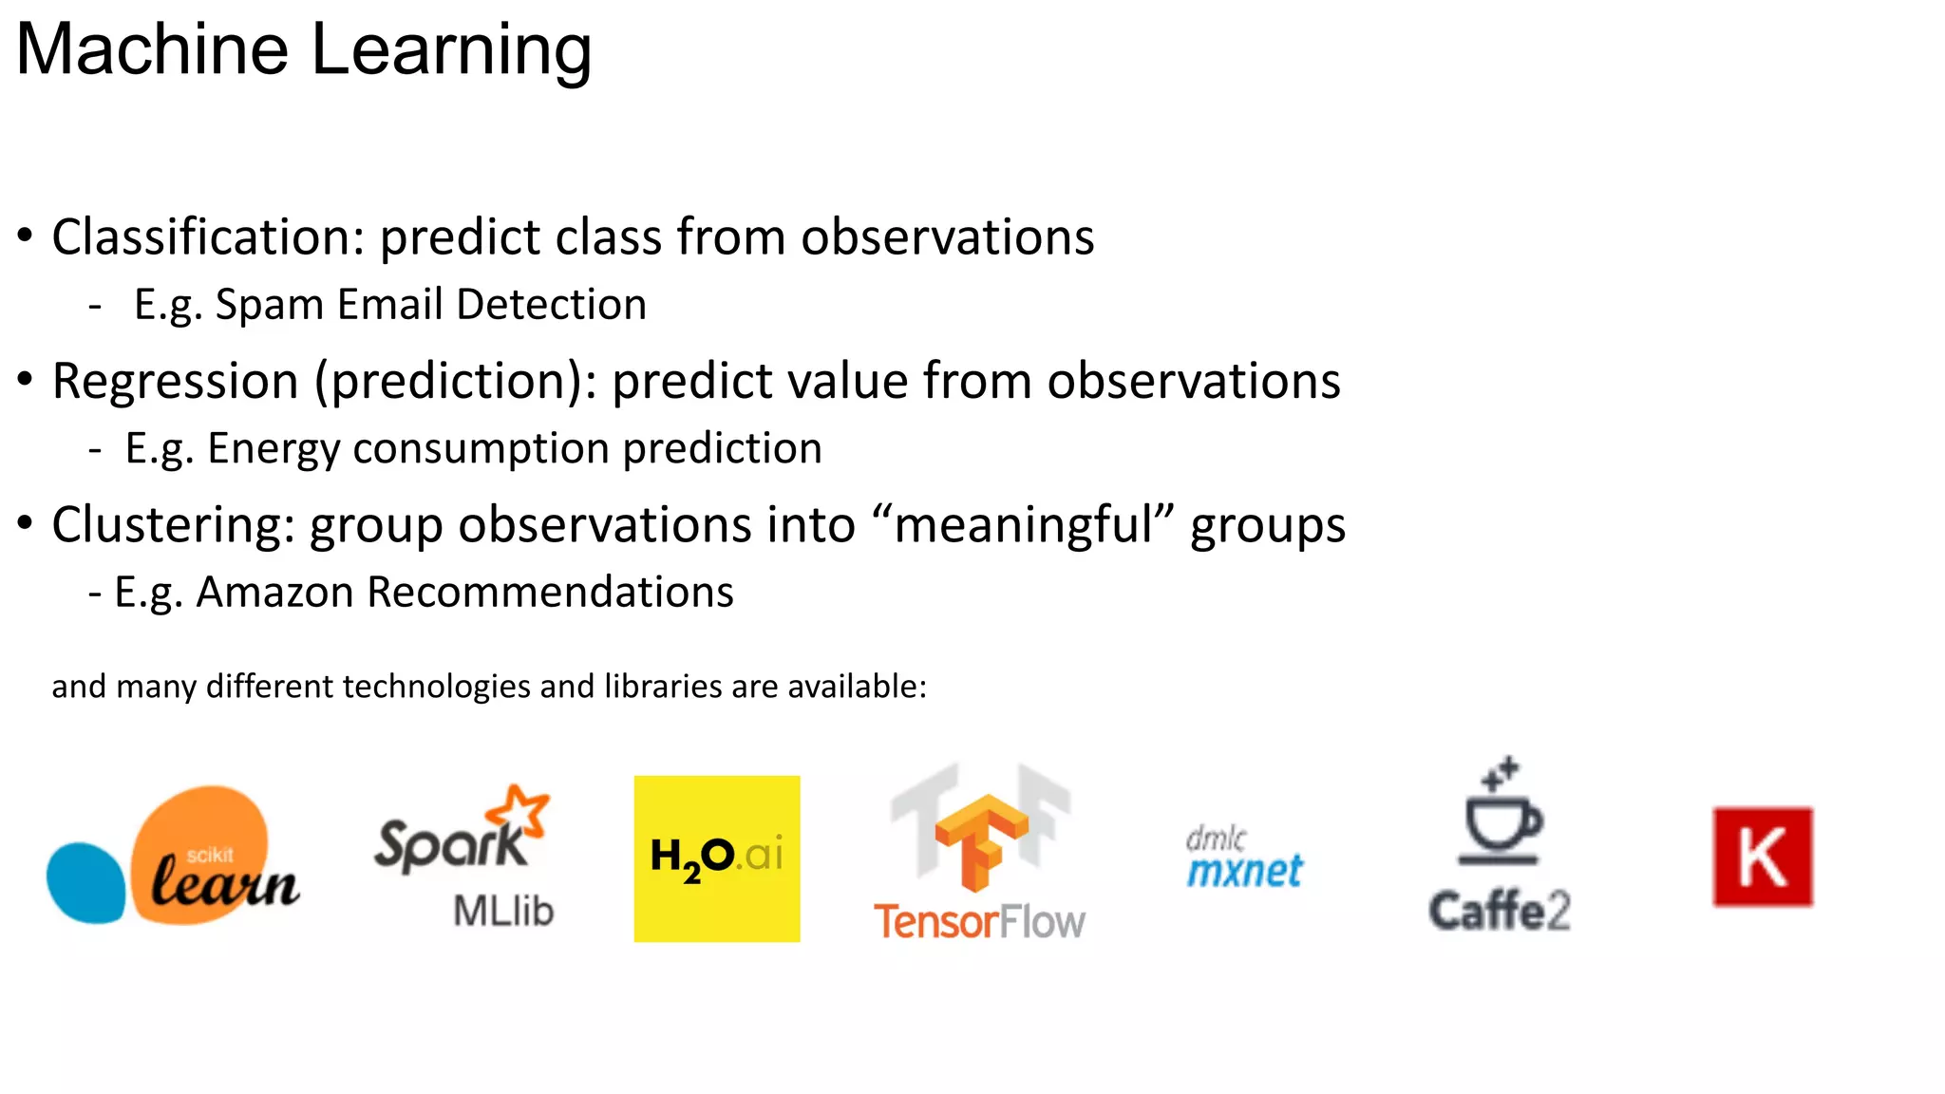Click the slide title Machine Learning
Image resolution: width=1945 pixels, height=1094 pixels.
pos(304,49)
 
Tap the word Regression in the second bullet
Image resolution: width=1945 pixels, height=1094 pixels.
pos(175,381)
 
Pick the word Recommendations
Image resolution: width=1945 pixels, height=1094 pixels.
pos(550,592)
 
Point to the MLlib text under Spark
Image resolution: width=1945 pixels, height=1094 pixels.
pos(503,911)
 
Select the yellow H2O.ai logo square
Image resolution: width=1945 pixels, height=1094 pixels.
pos(717,858)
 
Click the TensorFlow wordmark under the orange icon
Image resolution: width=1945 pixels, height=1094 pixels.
pos(979,921)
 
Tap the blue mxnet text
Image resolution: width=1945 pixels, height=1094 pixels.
pos(1245,871)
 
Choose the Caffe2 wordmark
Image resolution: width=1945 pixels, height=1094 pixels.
pos(1500,911)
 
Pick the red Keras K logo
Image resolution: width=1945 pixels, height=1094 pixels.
pos(1763,857)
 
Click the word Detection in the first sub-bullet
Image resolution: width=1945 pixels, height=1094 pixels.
pos(551,305)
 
